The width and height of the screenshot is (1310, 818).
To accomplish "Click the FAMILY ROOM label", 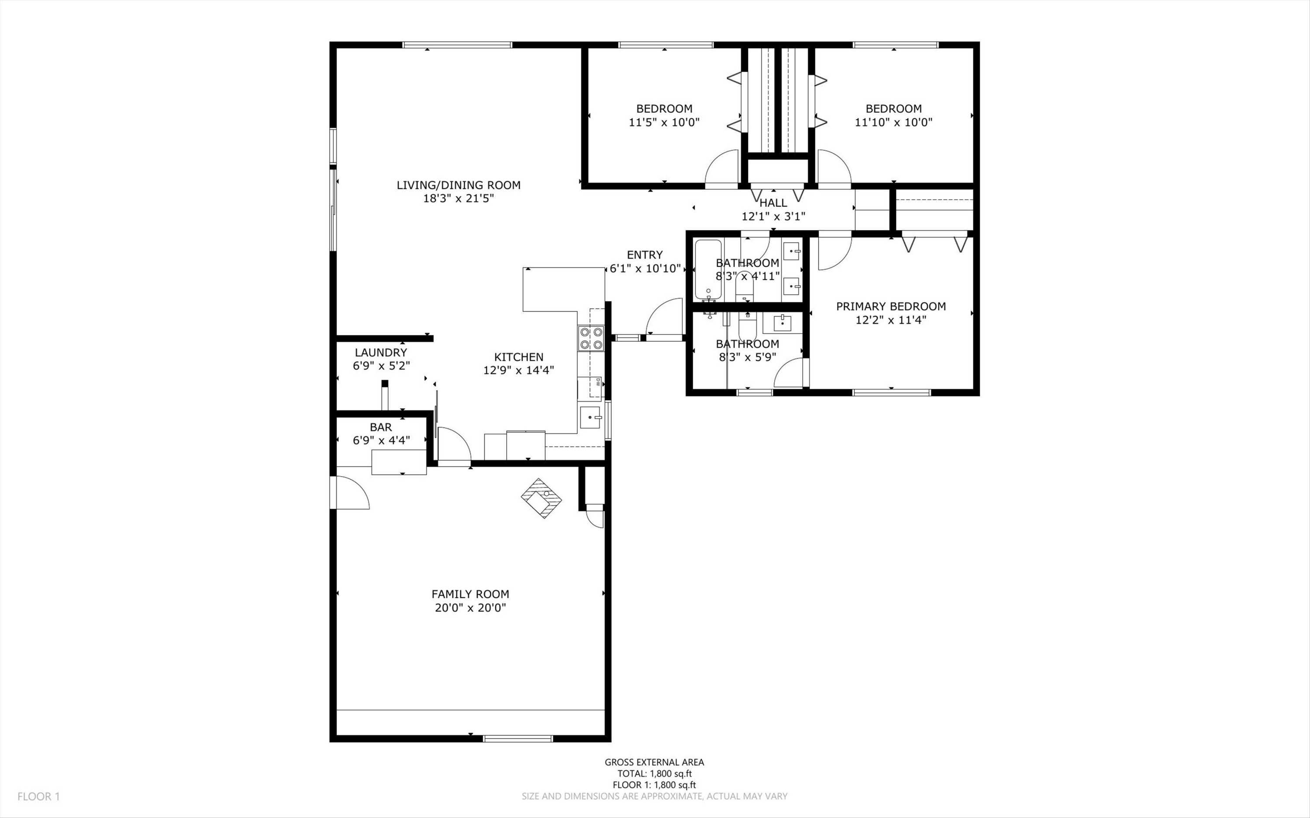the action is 470,594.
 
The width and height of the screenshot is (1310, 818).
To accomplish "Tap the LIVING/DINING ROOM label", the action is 459,185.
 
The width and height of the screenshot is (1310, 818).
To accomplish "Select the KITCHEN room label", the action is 519,357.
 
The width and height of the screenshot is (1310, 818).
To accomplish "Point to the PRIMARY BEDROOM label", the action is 891,306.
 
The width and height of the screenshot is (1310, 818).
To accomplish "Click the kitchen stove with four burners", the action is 591,338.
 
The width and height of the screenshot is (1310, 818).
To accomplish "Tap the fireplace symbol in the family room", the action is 541,498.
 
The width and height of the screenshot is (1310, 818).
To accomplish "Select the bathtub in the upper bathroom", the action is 708,270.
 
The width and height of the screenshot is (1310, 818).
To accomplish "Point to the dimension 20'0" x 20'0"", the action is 470,608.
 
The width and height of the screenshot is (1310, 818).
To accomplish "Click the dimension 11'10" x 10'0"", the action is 894,122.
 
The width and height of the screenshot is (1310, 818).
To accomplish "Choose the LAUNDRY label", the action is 381,353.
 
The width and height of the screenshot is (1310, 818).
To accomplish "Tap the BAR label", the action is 381,427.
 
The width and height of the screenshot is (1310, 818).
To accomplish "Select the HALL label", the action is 773,203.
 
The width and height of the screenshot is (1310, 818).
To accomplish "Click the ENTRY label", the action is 645,255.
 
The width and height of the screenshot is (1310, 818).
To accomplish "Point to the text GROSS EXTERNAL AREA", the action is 654,762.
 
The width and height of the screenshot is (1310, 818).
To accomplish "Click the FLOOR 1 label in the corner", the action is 38,796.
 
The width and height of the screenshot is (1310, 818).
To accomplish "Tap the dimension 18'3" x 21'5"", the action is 459,199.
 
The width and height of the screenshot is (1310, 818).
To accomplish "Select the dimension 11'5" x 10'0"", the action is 664,122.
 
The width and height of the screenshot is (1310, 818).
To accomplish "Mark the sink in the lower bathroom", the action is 783,323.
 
